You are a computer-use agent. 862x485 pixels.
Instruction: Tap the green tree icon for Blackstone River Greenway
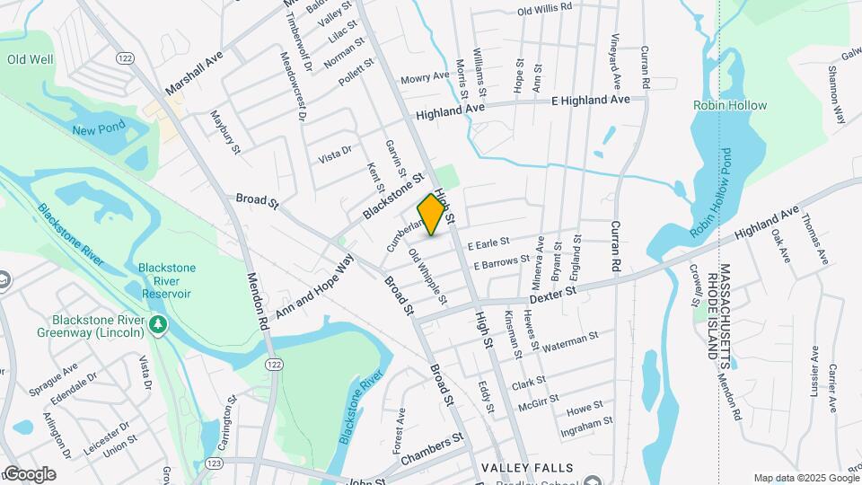[159, 323]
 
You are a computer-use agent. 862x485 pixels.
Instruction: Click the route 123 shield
[213, 463]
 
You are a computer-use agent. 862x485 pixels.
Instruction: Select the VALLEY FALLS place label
[527, 468]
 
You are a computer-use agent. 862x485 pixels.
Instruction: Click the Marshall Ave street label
[193, 73]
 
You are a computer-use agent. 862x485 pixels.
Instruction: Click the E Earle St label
[488, 242]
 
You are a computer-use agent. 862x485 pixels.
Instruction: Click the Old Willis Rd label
[545, 8]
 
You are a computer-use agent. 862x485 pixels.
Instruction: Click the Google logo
[29, 474]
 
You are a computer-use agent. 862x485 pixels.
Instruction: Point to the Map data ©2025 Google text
[805, 478]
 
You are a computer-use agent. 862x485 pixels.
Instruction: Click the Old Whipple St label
[427, 275]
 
